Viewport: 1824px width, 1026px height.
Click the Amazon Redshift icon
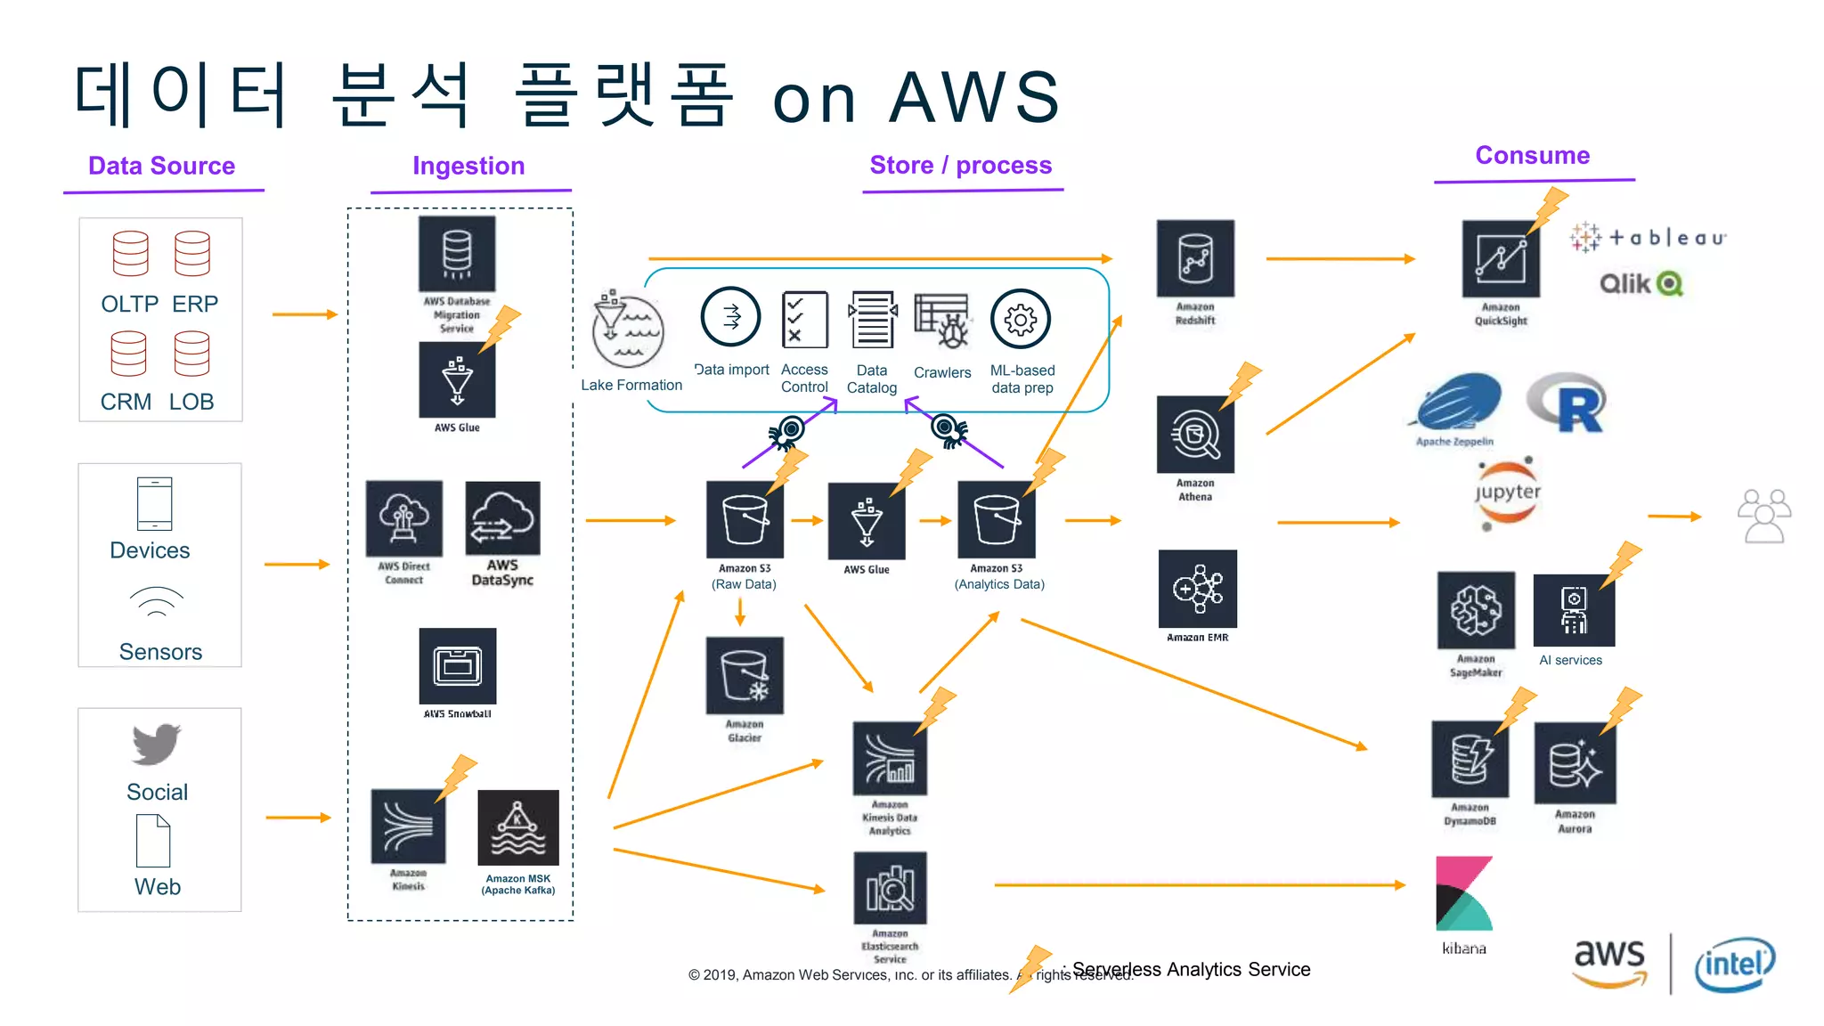pyautogui.click(x=1195, y=258)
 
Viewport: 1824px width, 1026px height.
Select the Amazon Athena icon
pyautogui.click(x=1195, y=435)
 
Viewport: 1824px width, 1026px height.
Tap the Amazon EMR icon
pyautogui.click(x=1197, y=589)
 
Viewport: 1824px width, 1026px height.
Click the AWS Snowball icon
pyautogui.click(x=458, y=666)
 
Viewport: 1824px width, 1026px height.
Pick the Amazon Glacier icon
pyautogui.click(x=745, y=675)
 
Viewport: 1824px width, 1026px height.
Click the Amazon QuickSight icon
pyautogui.click(x=1501, y=259)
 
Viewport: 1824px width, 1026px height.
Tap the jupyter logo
pyautogui.click(x=1507, y=493)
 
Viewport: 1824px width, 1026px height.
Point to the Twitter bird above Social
pyautogui.click(x=157, y=744)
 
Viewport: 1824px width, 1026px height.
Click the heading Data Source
pyautogui.click(x=161, y=166)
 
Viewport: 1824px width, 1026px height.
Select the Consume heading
pyautogui.click(x=1532, y=155)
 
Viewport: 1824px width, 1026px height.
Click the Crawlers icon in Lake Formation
pyautogui.click(x=942, y=322)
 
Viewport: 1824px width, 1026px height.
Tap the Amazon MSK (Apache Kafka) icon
pyautogui.click(x=518, y=827)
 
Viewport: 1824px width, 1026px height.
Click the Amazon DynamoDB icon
pyautogui.click(x=1470, y=760)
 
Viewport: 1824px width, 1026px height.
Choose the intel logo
pyautogui.click(x=1734, y=964)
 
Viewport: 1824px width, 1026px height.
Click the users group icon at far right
pyautogui.click(x=1763, y=516)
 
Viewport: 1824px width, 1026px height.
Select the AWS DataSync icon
pyautogui.click(x=502, y=519)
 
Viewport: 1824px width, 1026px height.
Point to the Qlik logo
pyautogui.click(x=1641, y=283)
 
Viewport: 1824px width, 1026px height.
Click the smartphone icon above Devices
pyautogui.click(x=155, y=504)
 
